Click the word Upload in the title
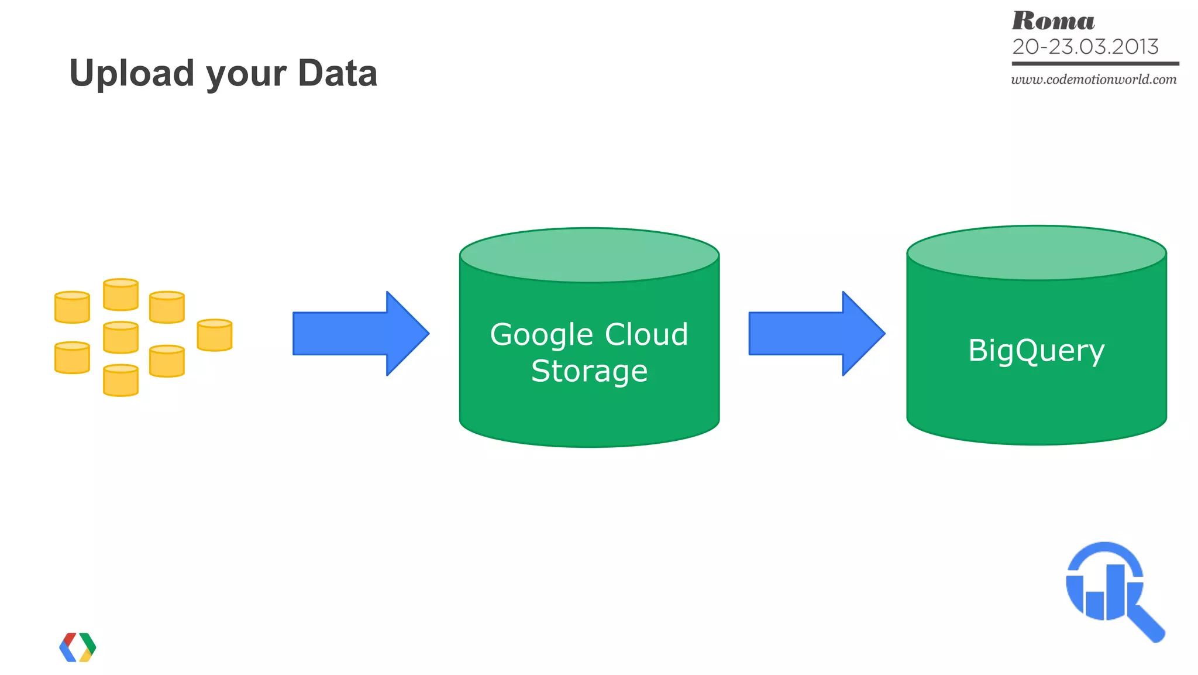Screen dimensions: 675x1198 tap(132, 73)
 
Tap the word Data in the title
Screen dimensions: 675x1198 tap(338, 73)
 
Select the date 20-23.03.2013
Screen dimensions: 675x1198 tap(1085, 47)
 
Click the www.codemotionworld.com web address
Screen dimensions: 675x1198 tap(1094, 80)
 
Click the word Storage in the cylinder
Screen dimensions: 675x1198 tap(590, 371)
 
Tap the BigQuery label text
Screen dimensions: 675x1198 tap(1036, 351)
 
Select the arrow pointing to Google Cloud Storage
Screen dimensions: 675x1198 tap(360, 334)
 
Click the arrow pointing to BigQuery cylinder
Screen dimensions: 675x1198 tap(817, 334)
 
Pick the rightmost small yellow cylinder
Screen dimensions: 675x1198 tap(215, 335)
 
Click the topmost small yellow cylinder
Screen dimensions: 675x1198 tap(121, 294)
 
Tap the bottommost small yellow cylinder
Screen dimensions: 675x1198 tap(121, 381)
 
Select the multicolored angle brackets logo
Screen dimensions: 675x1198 tap(78, 647)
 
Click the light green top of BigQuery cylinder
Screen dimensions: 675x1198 tap(1036, 252)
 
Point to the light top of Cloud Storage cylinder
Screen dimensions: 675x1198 tap(589, 255)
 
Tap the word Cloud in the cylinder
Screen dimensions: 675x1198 tap(646, 335)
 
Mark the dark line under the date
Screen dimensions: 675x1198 tap(1095, 63)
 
